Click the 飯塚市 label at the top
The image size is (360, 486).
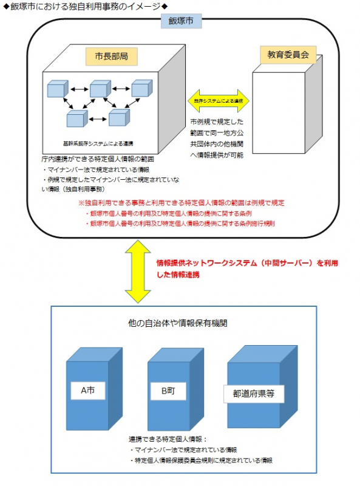click(180, 21)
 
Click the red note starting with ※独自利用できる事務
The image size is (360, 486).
click(182, 203)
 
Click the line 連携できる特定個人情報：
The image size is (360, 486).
click(168, 439)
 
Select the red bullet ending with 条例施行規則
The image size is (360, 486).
click(182, 223)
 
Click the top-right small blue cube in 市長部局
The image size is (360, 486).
click(140, 89)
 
